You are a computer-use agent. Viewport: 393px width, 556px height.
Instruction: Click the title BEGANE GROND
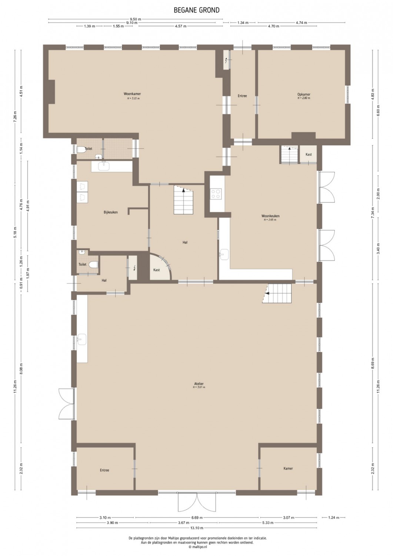click(196, 10)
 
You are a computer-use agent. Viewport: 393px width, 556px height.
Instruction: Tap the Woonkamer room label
click(132, 94)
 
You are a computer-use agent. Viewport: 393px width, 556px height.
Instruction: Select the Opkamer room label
click(304, 94)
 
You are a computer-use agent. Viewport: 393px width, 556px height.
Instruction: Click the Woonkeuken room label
click(270, 216)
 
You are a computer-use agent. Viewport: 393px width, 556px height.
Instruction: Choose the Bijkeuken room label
click(111, 212)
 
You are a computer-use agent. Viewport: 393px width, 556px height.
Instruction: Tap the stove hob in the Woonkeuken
click(216, 194)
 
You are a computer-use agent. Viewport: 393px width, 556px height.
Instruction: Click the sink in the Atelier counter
click(81, 340)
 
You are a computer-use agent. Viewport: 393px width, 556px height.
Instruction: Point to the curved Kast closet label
click(157, 270)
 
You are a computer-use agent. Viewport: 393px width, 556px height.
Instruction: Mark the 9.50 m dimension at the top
click(135, 19)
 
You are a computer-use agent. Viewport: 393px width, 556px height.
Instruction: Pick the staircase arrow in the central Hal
click(183, 191)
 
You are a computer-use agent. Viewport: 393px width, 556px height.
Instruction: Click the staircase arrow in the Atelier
click(267, 294)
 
